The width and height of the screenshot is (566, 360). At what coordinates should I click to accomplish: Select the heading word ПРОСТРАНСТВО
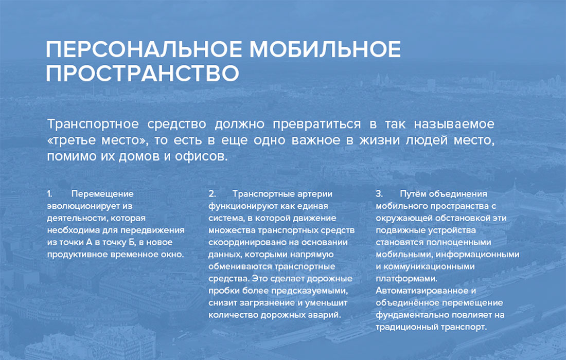tap(143, 74)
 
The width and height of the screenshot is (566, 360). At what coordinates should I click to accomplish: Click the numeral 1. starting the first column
tap(49, 194)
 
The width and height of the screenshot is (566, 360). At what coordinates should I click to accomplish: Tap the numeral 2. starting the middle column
tap(212, 194)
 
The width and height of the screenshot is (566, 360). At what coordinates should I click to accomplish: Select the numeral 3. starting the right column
tap(379, 194)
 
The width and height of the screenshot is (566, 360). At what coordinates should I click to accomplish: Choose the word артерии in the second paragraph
tap(315, 194)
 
